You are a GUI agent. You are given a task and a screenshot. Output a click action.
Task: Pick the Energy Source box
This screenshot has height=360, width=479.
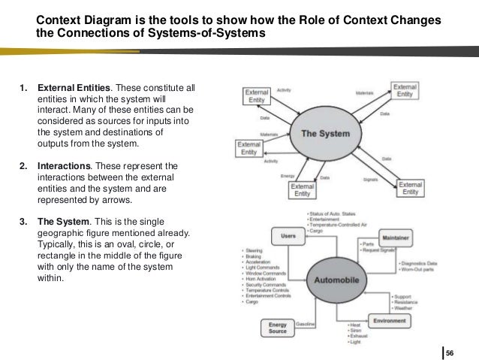[x=276, y=327]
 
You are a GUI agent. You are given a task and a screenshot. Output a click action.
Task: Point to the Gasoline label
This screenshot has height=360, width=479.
[x=306, y=324]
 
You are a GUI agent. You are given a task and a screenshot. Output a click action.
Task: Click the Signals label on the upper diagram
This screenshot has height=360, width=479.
[x=370, y=178]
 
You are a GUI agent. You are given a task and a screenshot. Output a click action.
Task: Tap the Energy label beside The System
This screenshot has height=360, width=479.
[x=287, y=176]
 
